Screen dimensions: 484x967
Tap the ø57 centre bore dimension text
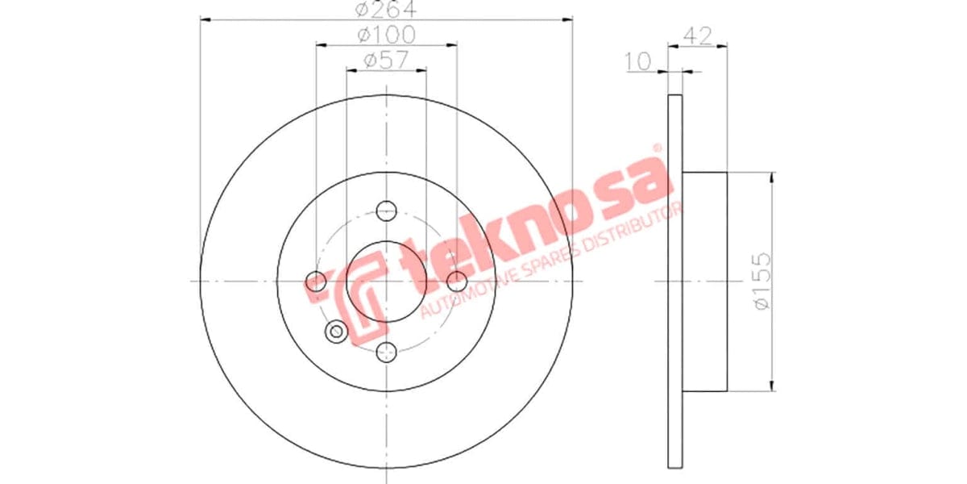(385, 59)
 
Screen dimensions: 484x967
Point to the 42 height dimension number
(698, 35)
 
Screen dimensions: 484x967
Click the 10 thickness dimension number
(639, 60)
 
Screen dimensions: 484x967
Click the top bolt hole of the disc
(387, 210)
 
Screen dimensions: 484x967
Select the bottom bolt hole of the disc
(387, 351)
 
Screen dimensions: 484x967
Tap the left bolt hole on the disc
(317, 282)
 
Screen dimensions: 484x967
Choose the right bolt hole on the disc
(456, 282)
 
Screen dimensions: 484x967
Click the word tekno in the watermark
(483, 242)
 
